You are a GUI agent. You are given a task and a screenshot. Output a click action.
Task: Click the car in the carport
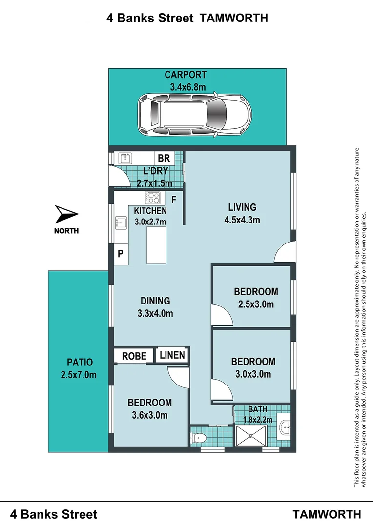pyautogui.click(x=194, y=115)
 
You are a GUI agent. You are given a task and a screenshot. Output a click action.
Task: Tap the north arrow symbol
pyautogui.click(x=66, y=214)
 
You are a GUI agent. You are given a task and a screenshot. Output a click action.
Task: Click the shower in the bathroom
pyautogui.click(x=251, y=436)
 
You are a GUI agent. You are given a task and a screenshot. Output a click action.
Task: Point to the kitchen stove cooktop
pyautogui.click(x=153, y=197)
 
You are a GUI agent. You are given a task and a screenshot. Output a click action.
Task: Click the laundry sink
pyautogui.click(x=125, y=158)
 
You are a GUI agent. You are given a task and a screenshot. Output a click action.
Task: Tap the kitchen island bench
pyautogui.click(x=156, y=245)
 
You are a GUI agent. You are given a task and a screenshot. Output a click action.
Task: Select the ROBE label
pyautogui.click(x=134, y=356)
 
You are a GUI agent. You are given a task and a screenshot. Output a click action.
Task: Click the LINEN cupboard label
pyautogui.click(x=172, y=355)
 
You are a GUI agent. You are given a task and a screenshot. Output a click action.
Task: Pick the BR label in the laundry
pyautogui.click(x=164, y=158)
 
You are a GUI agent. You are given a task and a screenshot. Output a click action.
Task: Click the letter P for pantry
pyautogui.click(x=121, y=254)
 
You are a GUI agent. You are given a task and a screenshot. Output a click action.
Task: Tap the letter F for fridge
pyautogui.click(x=174, y=200)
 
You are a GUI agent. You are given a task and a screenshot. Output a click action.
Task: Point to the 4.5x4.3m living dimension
pyautogui.click(x=242, y=220)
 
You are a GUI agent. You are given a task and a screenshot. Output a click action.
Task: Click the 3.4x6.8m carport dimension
pyautogui.click(x=187, y=87)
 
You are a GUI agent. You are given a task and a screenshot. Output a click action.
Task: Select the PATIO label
pyautogui.click(x=80, y=362)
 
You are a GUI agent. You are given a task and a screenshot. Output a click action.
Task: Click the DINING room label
pyautogui.click(x=155, y=301)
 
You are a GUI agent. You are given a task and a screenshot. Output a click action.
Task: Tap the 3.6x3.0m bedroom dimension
pyautogui.click(x=150, y=415)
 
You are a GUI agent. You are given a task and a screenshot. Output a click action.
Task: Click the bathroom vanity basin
pyautogui.click(x=284, y=427)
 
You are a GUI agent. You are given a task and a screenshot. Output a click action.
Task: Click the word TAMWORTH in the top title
pyautogui.click(x=234, y=18)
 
